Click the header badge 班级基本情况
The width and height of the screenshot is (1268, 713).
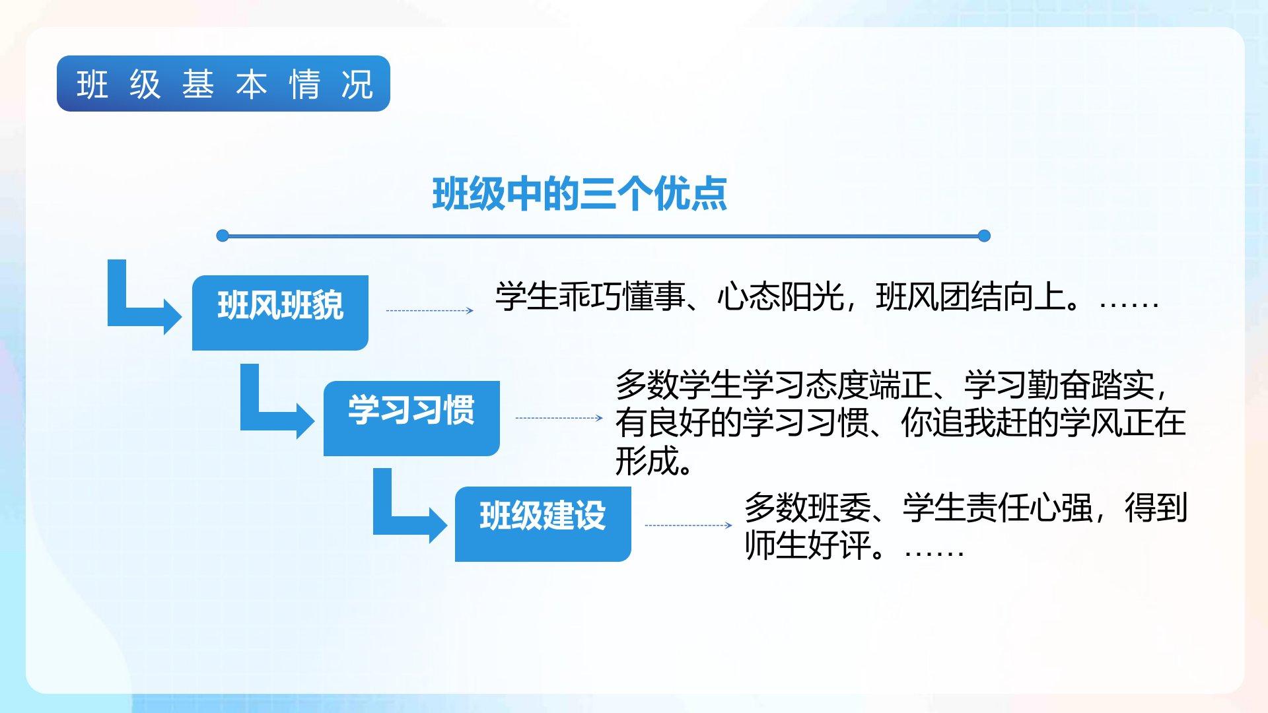click(x=223, y=84)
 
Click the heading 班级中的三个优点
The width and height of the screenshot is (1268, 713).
click(x=579, y=194)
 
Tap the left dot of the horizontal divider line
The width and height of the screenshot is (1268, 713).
click(x=223, y=236)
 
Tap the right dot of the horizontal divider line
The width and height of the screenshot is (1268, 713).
click(x=984, y=236)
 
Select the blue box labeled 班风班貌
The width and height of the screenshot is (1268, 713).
click(x=280, y=312)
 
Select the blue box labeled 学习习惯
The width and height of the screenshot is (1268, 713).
click(x=411, y=418)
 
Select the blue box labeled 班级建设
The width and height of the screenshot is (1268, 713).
click(x=543, y=524)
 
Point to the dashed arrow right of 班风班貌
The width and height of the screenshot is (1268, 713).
click(x=430, y=310)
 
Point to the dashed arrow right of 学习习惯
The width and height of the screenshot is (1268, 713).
click(x=559, y=418)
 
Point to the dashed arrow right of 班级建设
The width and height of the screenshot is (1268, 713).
click(x=689, y=526)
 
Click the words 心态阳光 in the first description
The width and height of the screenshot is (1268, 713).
click(x=781, y=296)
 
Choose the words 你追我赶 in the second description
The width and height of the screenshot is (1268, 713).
click(x=964, y=423)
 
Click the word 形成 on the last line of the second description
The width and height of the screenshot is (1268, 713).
click(x=647, y=461)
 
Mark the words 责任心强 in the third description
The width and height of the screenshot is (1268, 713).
click(x=1029, y=508)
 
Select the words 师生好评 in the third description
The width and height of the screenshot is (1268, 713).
click(x=808, y=545)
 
